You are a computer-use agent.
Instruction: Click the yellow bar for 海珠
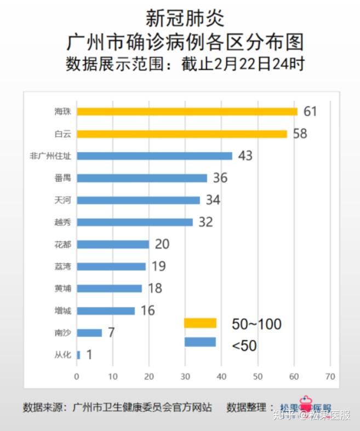point(187,111)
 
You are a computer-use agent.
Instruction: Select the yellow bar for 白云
point(181,134)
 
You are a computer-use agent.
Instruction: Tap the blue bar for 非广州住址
point(155,156)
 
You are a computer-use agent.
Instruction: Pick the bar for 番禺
point(142,178)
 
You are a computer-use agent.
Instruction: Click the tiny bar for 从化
point(78,355)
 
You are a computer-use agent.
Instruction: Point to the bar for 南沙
point(89,332)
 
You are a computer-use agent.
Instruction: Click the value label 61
point(310,111)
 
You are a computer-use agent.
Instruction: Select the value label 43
point(245,156)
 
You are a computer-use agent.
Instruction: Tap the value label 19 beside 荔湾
point(158,266)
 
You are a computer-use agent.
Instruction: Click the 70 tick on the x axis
point(329,376)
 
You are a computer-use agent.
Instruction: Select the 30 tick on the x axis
point(185,376)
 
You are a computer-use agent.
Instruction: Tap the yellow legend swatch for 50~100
point(200,323)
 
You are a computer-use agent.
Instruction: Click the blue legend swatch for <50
point(200,342)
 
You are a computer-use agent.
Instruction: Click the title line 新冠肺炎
point(185,18)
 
